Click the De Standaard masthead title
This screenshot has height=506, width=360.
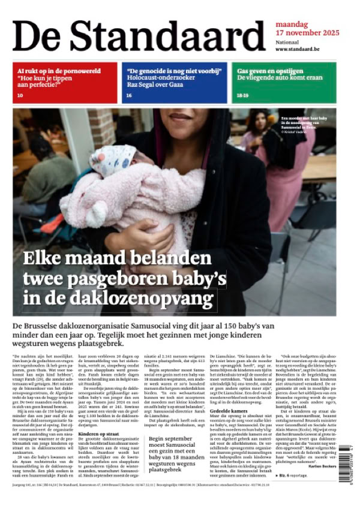138,35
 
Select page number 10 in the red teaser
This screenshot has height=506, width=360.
20,95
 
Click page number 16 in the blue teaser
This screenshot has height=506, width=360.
129,95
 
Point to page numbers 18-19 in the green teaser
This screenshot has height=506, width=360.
242,95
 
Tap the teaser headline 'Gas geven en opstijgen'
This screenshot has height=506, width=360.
270,70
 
